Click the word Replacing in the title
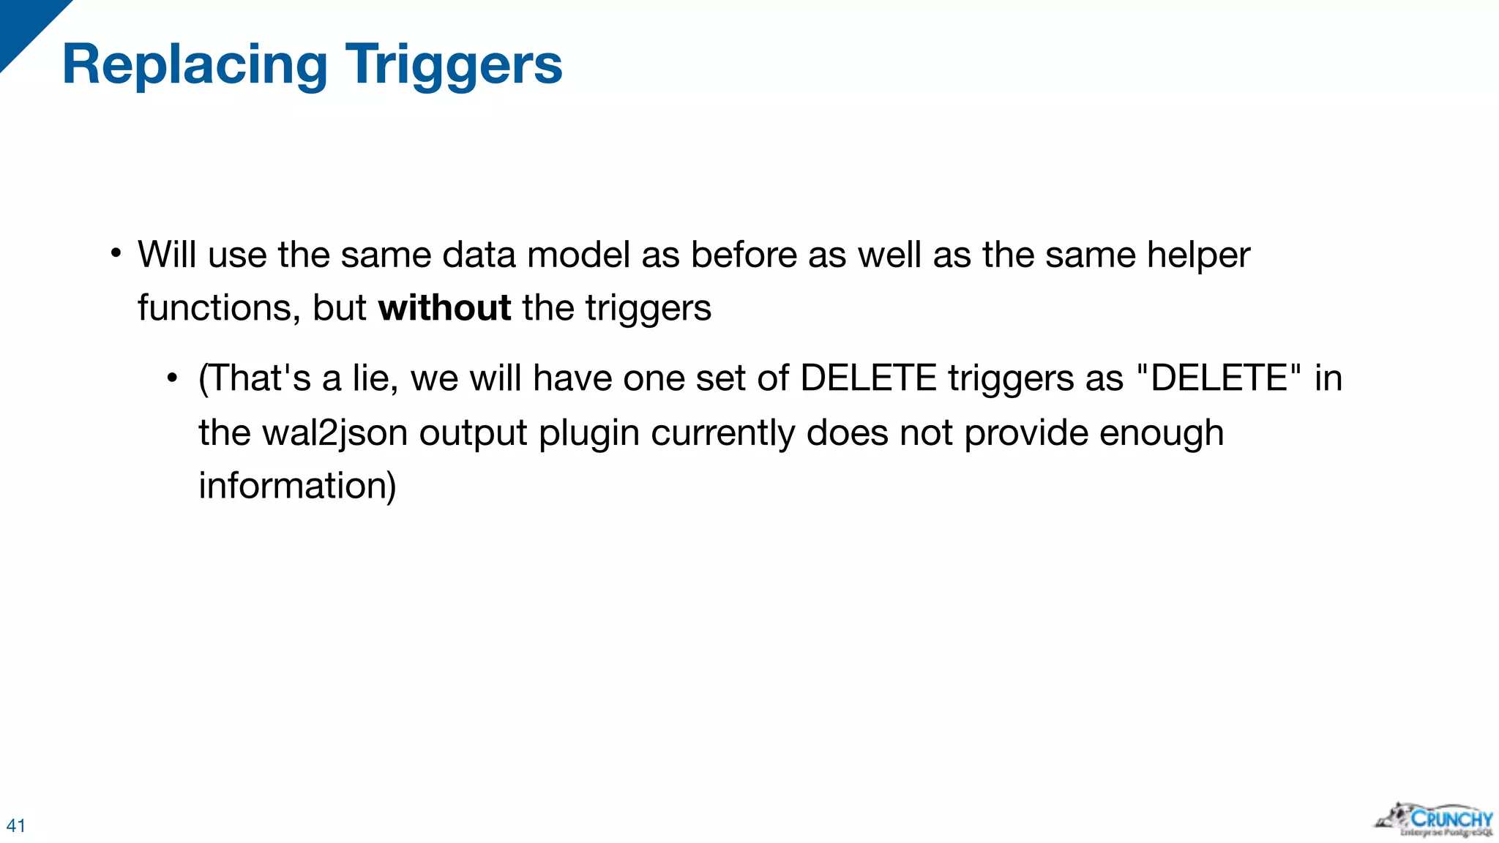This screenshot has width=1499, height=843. click(x=195, y=66)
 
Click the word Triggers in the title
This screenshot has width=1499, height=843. click(x=454, y=66)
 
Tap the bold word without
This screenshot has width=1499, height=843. click(x=444, y=307)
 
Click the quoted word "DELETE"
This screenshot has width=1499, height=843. click(x=1219, y=378)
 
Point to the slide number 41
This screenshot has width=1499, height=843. click(x=16, y=825)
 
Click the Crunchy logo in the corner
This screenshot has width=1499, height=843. click(x=1435, y=820)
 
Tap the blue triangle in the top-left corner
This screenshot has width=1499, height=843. click(x=26, y=26)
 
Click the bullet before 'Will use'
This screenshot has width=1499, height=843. click(x=116, y=254)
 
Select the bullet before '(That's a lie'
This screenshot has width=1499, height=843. click(x=172, y=378)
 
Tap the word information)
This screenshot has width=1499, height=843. click(x=297, y=486)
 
